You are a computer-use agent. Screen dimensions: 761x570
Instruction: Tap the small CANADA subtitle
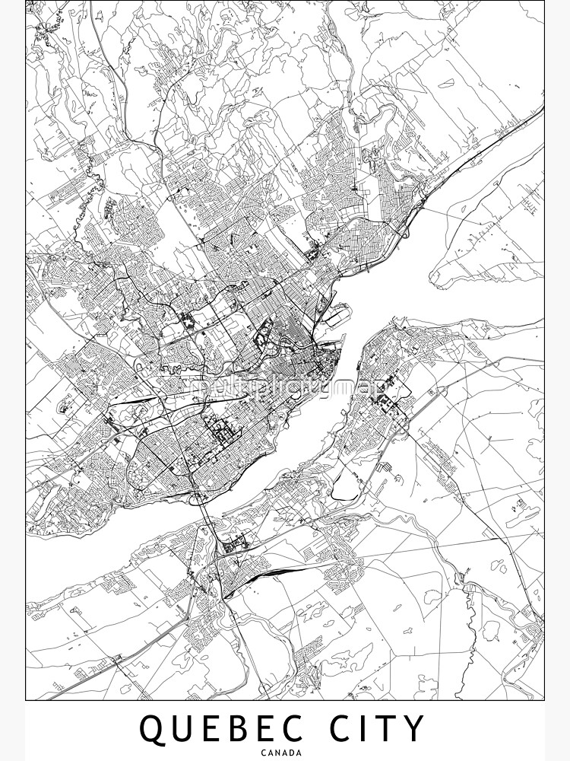(x=285, y=753)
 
